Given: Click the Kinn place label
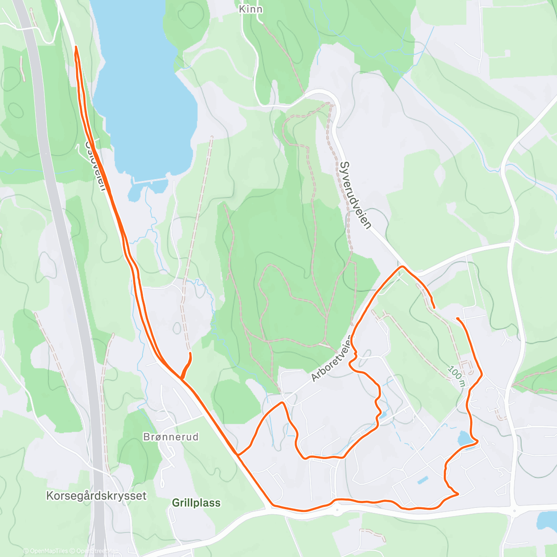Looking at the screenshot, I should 250,9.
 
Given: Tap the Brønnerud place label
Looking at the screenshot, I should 171,437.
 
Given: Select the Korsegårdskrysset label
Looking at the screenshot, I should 96,496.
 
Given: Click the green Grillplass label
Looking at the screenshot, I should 196,503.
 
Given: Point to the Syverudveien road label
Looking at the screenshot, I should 356,195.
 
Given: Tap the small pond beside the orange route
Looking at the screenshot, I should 464,438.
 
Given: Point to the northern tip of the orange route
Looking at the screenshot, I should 76,47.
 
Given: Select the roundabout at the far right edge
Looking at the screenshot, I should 514,512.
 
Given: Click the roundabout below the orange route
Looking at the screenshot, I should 337,511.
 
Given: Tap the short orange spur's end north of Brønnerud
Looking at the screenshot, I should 190,354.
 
